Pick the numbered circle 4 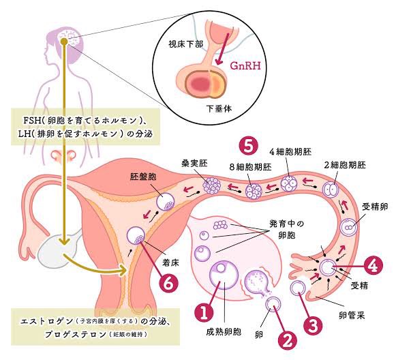[x=372, y=262]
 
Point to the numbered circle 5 [x=249, y=145]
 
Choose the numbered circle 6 [x=169, y=283]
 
